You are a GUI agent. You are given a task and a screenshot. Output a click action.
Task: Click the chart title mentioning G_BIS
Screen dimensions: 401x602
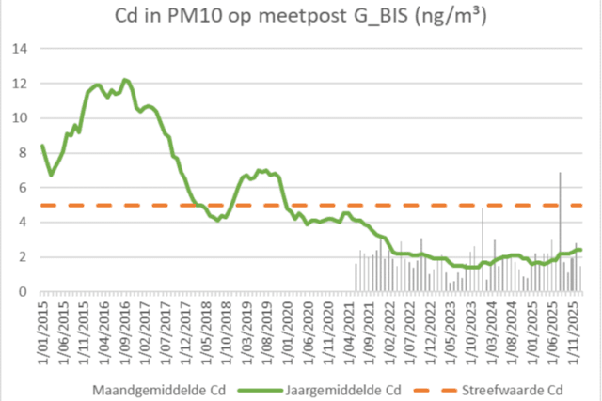pos(301,18)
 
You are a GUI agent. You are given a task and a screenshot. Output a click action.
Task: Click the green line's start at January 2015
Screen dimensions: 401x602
pos(42,146)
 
